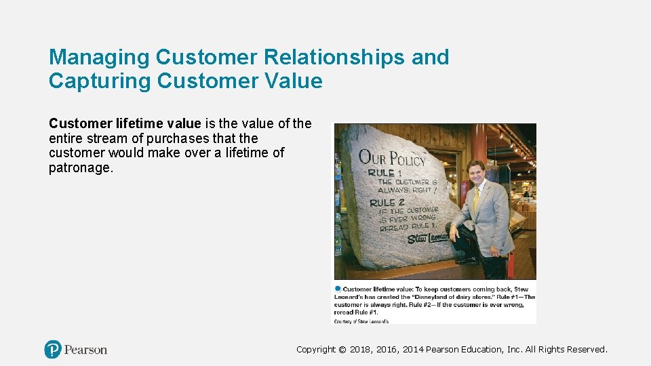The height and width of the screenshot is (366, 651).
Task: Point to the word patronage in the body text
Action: click(x=80, y=167)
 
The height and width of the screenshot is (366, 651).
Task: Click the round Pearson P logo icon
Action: click(x=53, y=350)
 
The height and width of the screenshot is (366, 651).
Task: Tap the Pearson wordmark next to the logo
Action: click(x=86, y=350)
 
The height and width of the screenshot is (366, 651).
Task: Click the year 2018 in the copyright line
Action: click(x=362, y=350)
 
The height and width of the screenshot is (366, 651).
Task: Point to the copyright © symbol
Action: click(x=342, y=350)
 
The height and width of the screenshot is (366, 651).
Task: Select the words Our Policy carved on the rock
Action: click(x=392, y=158)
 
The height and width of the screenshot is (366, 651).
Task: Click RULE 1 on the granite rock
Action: click(x=382, y=174)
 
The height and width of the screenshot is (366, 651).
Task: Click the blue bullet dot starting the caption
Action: click(x=338, y=289)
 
